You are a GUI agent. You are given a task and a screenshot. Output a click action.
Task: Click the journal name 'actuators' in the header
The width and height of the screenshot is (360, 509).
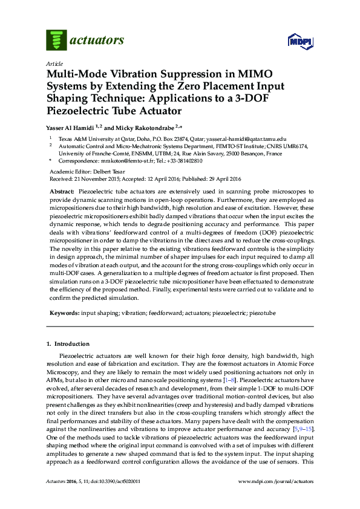pyautogui.click(x=97, y=41)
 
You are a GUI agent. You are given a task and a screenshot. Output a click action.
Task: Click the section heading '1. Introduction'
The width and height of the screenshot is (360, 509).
pyautogui.click(x=68, y=344)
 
